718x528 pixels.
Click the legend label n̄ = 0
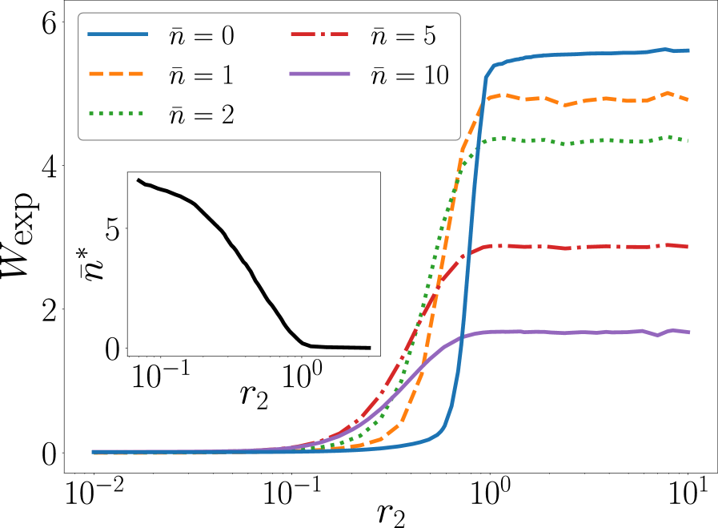pyautogui.click(x=201, y=36)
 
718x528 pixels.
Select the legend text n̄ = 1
pyautogui.click(x=201, y=75)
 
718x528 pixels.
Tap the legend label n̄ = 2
pyautogui.click(x=201, y=115)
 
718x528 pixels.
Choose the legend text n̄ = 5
pyautogui.click(x=403, y=36)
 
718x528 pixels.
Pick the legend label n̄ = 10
pyautogui.click(x=409, y=75)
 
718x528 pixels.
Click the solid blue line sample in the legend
pyautogui.click(x=118, y=34)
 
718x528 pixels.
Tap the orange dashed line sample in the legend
pyautogui.click(x=118, y=74)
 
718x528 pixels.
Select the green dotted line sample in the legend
pyautogui.click(x=118, y=113)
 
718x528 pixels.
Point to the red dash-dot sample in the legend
pyautogui.click(x=319, y=34)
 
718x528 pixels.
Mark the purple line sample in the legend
pyautogui.click(x=319, y=74)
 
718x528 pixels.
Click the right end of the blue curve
pyautogui.click(x=689, y=50)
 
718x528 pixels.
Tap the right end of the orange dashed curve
pyautogui.click(x=689, y=100)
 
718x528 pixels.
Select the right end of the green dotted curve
pyautogui.click(x=689, y=141)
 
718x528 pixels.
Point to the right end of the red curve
pyautogui.click(x=689, y=247)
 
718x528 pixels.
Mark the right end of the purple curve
pyautogui.click(x=689, y=332)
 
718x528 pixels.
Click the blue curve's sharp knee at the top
pyautogui.click(x=487, y=76)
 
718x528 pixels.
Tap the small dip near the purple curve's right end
pyautogui.click(x=657, y=335)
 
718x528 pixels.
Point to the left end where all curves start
pyautogui.click(x=93, y=452)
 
